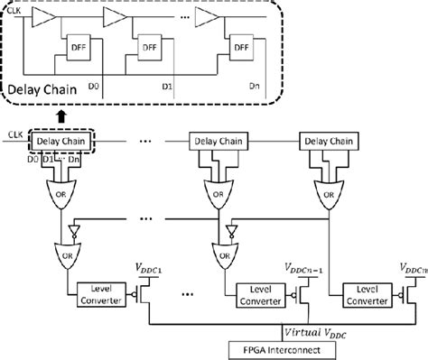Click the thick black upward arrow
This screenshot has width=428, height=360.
point(60,115)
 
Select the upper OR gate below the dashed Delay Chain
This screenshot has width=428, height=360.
point(60,191)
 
